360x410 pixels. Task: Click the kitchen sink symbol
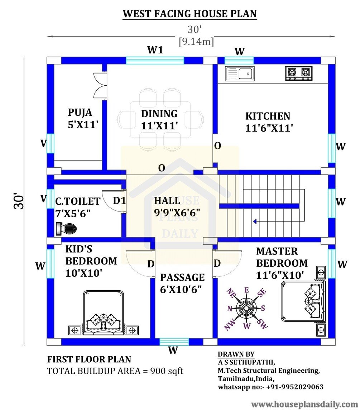tap(240, 74)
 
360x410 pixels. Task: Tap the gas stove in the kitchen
tap(299, 73)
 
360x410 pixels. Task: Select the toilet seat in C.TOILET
tap(66, 229)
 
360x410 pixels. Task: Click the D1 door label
tap(119, 201)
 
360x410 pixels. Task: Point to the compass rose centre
tap(246, 308)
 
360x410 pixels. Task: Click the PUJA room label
tap(80, 112)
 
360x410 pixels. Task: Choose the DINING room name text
tap(159, 114)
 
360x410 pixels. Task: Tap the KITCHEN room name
tap(268, 116)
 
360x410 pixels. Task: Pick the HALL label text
tap(167, 201)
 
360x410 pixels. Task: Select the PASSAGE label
tap(182, 277)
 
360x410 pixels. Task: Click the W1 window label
tap(155, 50)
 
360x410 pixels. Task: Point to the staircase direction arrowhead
tap(255, 222)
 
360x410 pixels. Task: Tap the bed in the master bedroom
tap(304, 301)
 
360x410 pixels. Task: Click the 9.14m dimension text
tap(196, 42)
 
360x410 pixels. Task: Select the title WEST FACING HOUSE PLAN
tap(190, 14)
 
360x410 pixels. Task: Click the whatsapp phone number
tap(295, 387)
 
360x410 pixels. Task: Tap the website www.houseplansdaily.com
tap(304, 404)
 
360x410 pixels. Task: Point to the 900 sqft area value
tap(167, 371)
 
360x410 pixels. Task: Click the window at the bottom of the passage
tap(174, 342)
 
